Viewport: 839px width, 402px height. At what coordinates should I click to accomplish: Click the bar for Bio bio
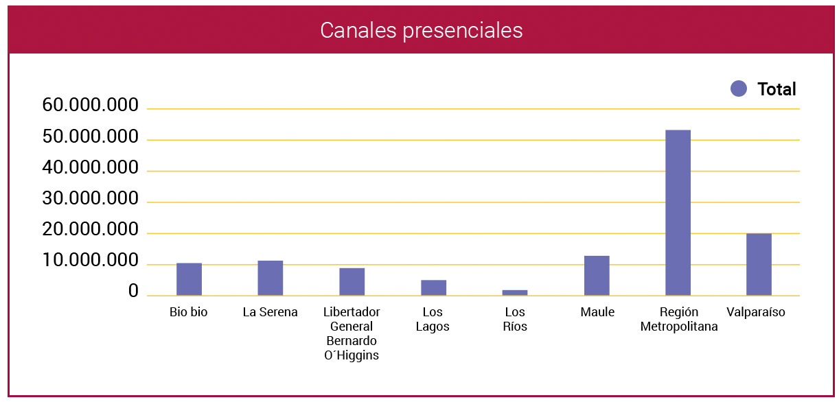189,279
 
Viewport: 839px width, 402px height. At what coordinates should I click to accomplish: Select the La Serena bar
271,278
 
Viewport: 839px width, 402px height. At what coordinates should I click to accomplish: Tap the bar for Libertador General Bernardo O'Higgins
352,281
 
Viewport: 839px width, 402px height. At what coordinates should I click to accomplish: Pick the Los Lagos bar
433,287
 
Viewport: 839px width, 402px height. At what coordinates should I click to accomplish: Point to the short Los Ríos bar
515,293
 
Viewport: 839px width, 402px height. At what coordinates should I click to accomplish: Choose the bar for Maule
597,276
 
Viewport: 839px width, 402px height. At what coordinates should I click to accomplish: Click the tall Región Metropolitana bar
678,213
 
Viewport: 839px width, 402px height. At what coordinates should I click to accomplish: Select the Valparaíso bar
759,264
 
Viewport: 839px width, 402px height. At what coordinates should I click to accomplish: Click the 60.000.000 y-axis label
90,106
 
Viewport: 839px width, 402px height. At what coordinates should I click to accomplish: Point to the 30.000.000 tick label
90,200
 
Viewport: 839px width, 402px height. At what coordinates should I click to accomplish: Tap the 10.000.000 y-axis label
90,261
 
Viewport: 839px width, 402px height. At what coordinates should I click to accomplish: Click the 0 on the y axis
133,292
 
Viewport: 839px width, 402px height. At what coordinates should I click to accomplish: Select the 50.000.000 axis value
90,137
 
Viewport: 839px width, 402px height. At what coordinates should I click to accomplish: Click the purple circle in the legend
739,88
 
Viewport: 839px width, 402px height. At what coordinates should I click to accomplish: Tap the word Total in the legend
777,89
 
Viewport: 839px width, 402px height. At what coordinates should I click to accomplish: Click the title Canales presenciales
421,30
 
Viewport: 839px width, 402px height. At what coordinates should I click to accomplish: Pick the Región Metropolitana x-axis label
678,320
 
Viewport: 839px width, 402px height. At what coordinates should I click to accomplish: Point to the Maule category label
597,313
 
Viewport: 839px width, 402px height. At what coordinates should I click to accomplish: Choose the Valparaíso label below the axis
755,313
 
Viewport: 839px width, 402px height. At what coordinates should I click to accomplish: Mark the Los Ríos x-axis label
515,320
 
